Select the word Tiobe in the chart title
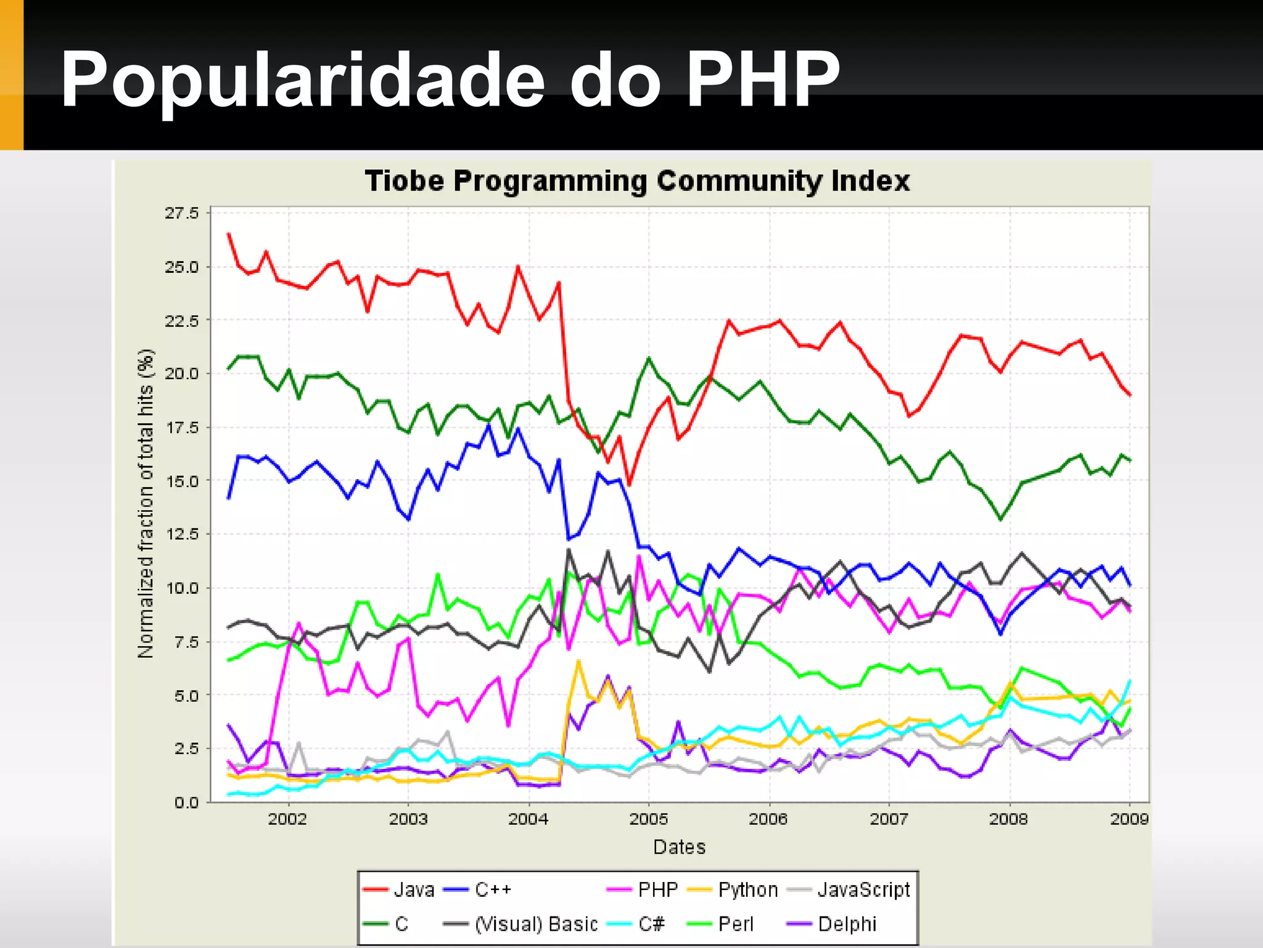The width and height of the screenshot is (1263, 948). pos(404,181)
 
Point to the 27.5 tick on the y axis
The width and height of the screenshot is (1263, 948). pos(182,214)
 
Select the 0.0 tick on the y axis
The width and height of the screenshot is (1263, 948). pos(186,802)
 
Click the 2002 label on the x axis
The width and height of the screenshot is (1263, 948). pos(287,819)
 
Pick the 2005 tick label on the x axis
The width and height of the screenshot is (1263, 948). pos(648,819)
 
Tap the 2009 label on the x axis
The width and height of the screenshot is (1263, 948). pos(1129,819)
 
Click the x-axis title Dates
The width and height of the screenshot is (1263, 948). pos(679,847)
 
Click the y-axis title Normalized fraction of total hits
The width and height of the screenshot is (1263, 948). pos(146,504)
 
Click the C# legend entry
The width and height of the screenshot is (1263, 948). pos(651,924)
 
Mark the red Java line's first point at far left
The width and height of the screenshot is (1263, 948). pos(229,234)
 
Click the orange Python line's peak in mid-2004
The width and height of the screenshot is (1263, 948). pos(578,661)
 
